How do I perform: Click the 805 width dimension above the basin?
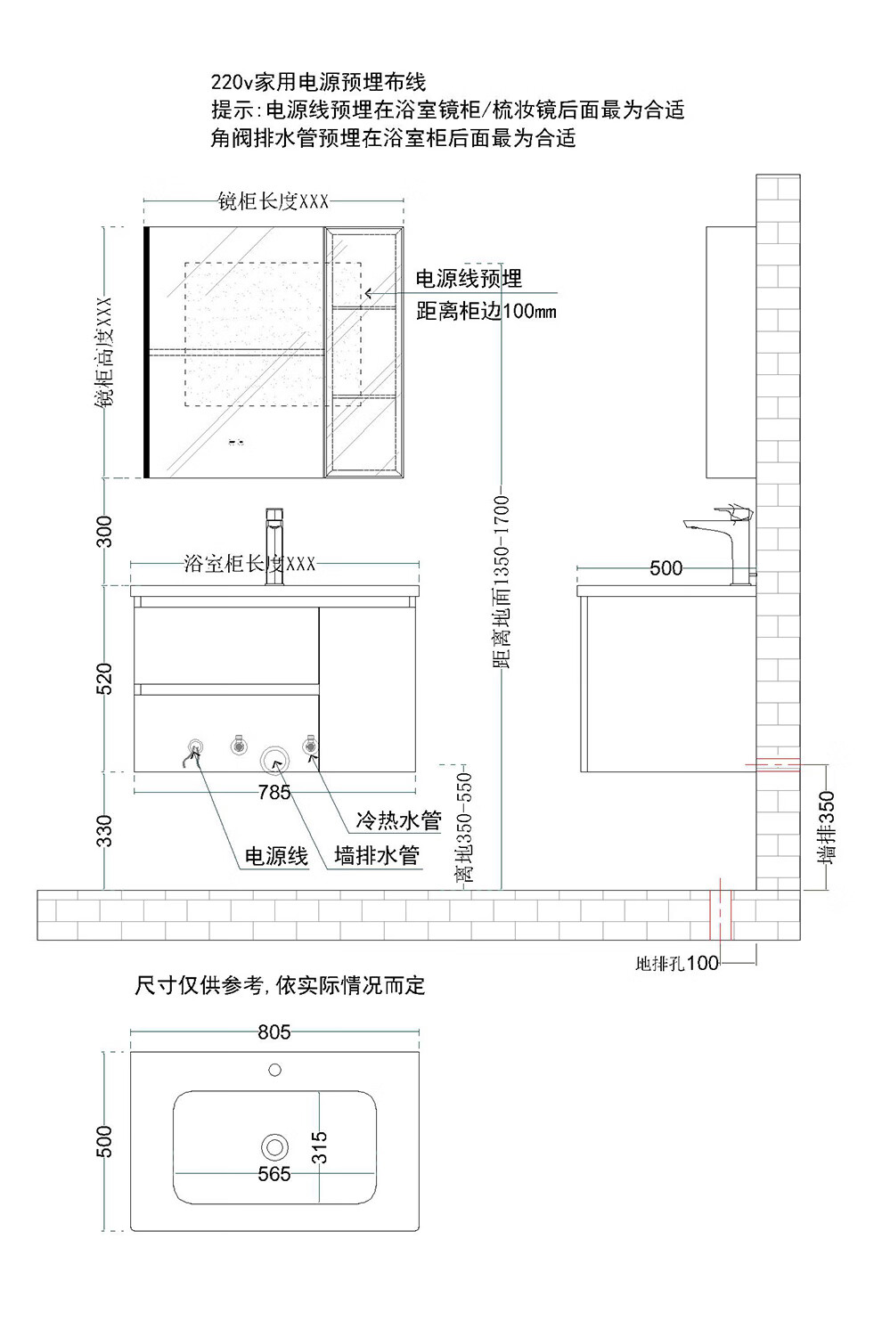coord(274,1032)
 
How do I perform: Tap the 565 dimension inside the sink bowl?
coord(274,1173)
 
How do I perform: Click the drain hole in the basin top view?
coord(274,1146)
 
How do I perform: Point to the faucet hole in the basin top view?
coord(274,1070)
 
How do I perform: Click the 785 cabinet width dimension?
coord(274,792)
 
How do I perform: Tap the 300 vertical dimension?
coord(104,531)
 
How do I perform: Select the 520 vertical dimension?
coord(104,679)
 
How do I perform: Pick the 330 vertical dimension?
coord(104,830)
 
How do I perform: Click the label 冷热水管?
coord(398,820)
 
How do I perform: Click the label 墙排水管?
coord(376,855)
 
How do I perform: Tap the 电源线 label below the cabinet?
coord(276,856)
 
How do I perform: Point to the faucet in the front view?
coord(274,546)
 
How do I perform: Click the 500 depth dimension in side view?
coord(666,568)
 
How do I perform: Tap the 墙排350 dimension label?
coord(826,828)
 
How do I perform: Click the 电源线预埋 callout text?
coord(469,278)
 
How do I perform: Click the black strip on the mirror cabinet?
coord(146,352)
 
